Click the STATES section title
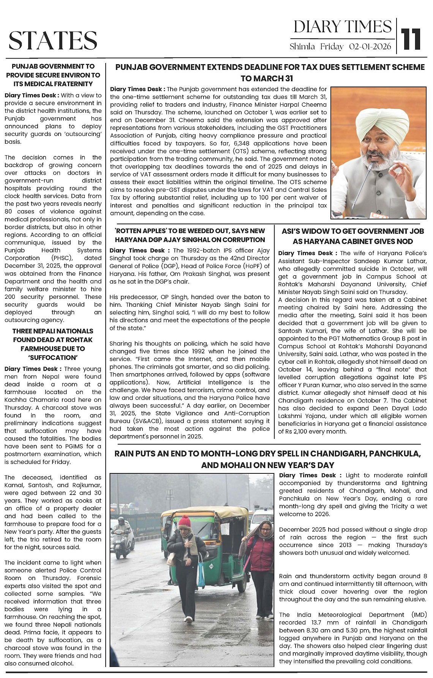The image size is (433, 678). click(x=53, y=41)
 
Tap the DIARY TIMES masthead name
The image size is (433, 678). click(x=342, y=27)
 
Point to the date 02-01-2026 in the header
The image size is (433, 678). click(x=370, y=47)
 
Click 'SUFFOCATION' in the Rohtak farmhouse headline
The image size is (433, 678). click(x=53, y=358)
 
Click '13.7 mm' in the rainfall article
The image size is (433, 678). click(x=325, y=623)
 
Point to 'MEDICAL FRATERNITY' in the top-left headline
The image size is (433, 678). click(x=60, y=84)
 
